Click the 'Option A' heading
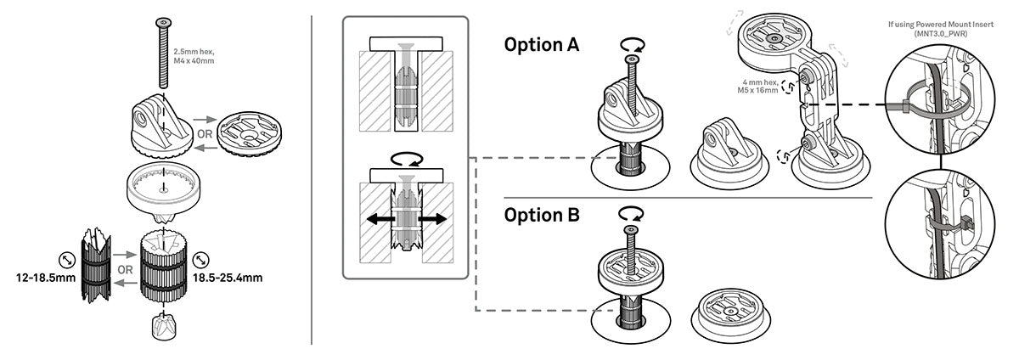(542, 44)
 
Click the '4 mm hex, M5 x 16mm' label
(757, 85)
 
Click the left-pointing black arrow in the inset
(375, 219)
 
